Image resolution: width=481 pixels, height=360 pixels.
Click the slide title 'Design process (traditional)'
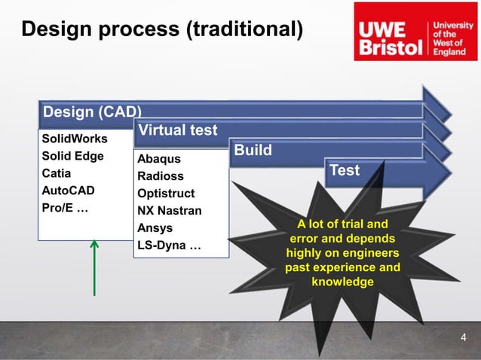click(x=162, y=29)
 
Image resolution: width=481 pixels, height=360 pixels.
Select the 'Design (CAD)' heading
click(x=93, y=112)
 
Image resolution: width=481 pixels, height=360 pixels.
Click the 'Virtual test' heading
click(x=177, y=130)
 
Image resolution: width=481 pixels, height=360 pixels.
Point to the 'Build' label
click(x=253, y=151)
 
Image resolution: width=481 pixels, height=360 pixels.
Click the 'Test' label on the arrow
click(x=345, y=170)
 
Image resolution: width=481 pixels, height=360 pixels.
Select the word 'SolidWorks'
click(x=75, y=139)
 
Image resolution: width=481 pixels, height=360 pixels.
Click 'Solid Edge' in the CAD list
click(x=72, y=157)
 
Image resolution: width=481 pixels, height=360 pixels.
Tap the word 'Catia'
click(x=57, y=174)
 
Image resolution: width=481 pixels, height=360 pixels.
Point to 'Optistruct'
click(x=166, y=194)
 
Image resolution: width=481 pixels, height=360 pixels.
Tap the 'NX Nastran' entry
click(x=169, y=211)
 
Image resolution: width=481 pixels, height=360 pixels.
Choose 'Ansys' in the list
click(x=155, y=228)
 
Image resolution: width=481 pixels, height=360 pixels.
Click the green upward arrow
click(x=95, y=267)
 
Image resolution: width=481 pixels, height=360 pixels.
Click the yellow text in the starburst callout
click(x=343, y=253)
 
